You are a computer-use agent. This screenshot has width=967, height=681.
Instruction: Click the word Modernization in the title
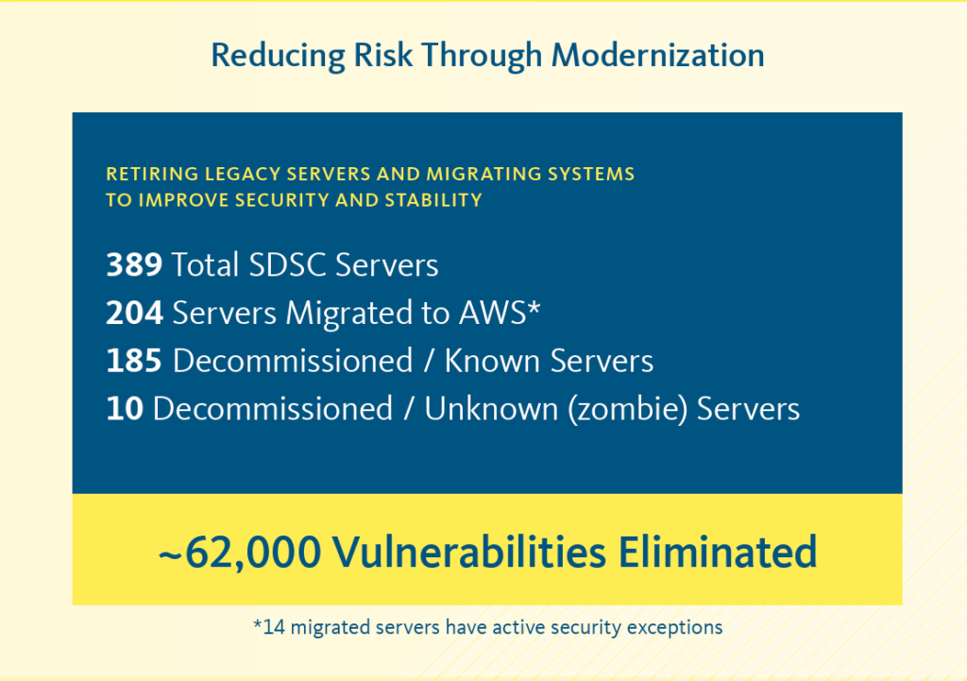click(x=657, y=55)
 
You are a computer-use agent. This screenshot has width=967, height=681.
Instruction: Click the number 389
click(x=134, y=265)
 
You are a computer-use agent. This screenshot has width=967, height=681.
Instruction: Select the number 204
click(x=134, y=314)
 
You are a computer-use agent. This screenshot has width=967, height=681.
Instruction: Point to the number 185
click(x=134, y=361)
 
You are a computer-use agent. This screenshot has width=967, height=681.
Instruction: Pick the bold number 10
click(x=124, y=409)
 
